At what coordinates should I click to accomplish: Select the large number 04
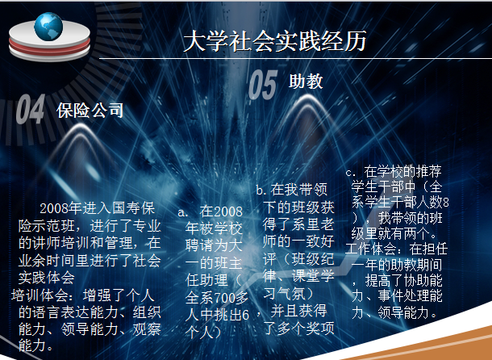point(31,111)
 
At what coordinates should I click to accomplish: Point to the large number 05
point(262,83)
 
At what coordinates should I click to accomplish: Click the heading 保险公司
point(90,111)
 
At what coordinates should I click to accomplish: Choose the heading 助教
point(306,82)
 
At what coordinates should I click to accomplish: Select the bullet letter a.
point(183,210)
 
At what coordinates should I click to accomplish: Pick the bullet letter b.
point(261,190)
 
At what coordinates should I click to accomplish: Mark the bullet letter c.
point(350,172)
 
